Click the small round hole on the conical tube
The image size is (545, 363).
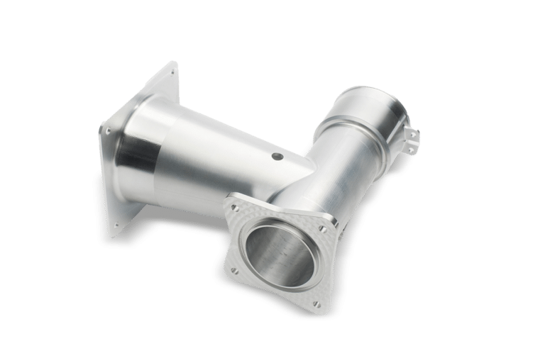tap(276, 155)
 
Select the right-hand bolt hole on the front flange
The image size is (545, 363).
tap(324, 229)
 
